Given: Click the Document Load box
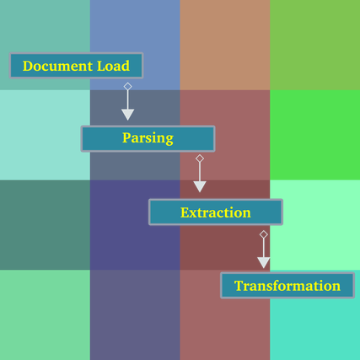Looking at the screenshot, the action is [x=76, y=66].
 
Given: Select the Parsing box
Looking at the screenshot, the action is [x=148, y=138].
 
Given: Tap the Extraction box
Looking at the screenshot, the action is [x=216, y=212].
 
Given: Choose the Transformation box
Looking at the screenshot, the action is [x=287, y=285].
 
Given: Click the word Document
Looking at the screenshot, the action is [x=57, y=66].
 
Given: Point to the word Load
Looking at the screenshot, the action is [x=113, y=66].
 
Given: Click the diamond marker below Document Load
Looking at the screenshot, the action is [x=127, y=86].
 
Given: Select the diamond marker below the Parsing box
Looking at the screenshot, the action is [x=200, y=159].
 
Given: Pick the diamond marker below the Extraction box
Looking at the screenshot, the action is [x=264, y=234].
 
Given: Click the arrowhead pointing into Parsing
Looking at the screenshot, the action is [x=127, y=115].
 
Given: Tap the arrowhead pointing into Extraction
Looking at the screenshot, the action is [x=200, y=187].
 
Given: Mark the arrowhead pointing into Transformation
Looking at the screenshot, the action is [x=264, y=262].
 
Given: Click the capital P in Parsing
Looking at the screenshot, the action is [x=126, y=137].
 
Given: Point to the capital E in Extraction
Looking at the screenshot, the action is [x=185, y=212].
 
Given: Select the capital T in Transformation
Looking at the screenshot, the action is [x=239, y=286].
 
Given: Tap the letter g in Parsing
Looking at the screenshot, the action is [x=169, y=140].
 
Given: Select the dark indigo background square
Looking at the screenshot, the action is [x=135, y=225].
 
